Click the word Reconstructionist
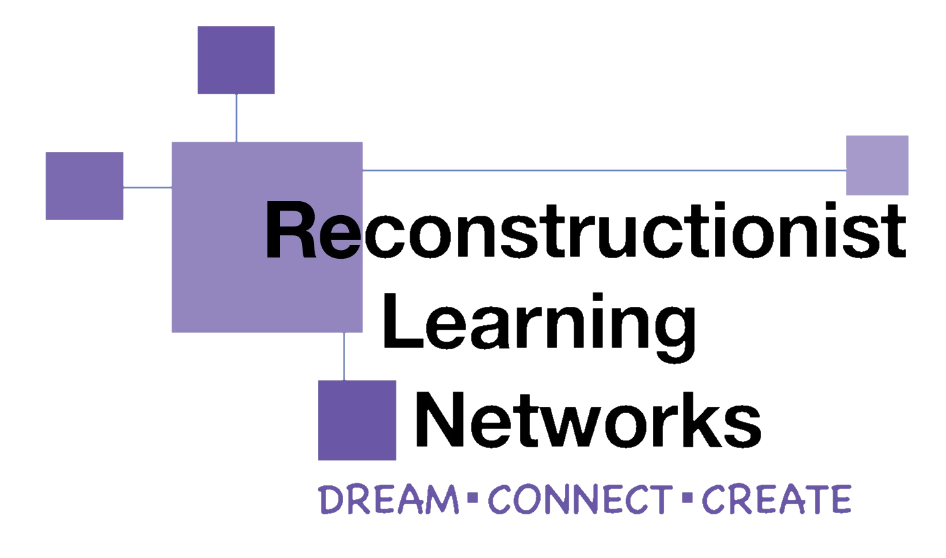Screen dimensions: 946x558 pyautogui.click(x=586, y=230)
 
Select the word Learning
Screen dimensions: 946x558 pyautogui.click(x=539, y=327)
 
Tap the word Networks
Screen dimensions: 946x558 pyautogui.click(x=589, y=419)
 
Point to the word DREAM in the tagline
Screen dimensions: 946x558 pyautogui.click(x=389, y=499)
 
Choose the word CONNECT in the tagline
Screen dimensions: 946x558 pyautogui.click(x=580, y=499)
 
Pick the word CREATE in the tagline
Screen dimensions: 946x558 pyautogui.click(x=776, y=499)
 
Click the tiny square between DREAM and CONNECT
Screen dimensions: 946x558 pyautogui.click(x=473, y=498)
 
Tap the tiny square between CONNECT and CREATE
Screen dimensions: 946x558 pyautogui.click(x=688, y=498)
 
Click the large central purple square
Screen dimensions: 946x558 pyautogui.click(x=267, y=237)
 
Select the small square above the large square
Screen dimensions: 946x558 pyautogui.click(x=236, y=60)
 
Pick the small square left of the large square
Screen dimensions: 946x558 pyautogui.click(x=84, y=186)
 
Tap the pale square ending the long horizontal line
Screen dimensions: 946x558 pyautogui.click(x=877, y=166)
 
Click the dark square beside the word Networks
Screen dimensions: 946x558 pyautogui.click(x=357, y=421)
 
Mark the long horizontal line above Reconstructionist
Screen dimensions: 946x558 pyautogui.click(x=604, y=171)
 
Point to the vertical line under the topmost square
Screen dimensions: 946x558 pyautogui.click(x=237, y=118)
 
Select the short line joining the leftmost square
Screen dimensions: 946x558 pyautogui.click(x=148, y=187)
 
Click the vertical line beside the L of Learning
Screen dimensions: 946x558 pyautogui.click(x=344, y=357)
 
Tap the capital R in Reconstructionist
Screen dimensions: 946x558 pyautogui.click(x=291, y=230)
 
